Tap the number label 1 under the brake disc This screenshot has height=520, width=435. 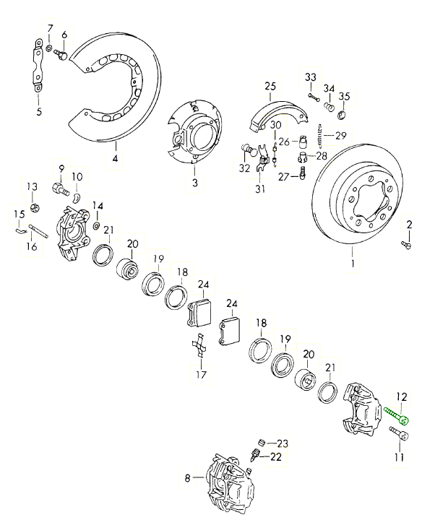[x=353, y=265]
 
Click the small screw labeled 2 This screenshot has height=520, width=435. [x=405, y=246]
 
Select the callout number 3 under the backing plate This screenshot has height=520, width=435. [x=194, y=183]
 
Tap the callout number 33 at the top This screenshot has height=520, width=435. [x=310, y=77]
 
